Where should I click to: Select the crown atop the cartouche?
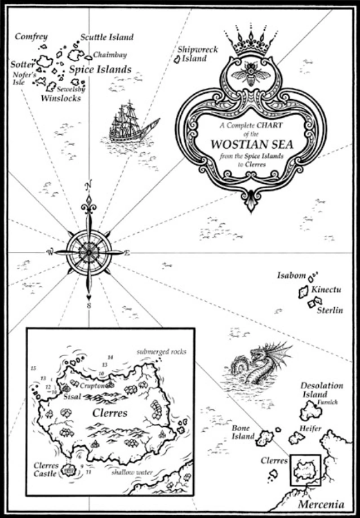coord(251,41)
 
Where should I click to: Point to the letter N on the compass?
coord(88,184)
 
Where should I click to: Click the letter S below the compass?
coord(88,306)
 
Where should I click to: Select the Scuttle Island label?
coord(106,37)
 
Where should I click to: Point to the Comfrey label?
coord(31,37)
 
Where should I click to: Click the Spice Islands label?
coord(100,70)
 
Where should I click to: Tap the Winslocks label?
coord(61,98)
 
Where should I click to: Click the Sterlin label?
coord(330,310)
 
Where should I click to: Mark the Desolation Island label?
coord(322,390)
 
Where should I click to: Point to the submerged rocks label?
coord(161,352)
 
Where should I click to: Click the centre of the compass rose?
coord(88,253)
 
